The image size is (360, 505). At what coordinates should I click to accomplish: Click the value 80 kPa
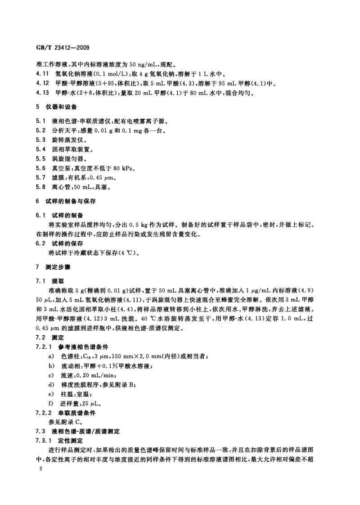click(x=123, y=168)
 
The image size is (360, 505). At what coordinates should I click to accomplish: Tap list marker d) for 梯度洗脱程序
click(x=50, y=384)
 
